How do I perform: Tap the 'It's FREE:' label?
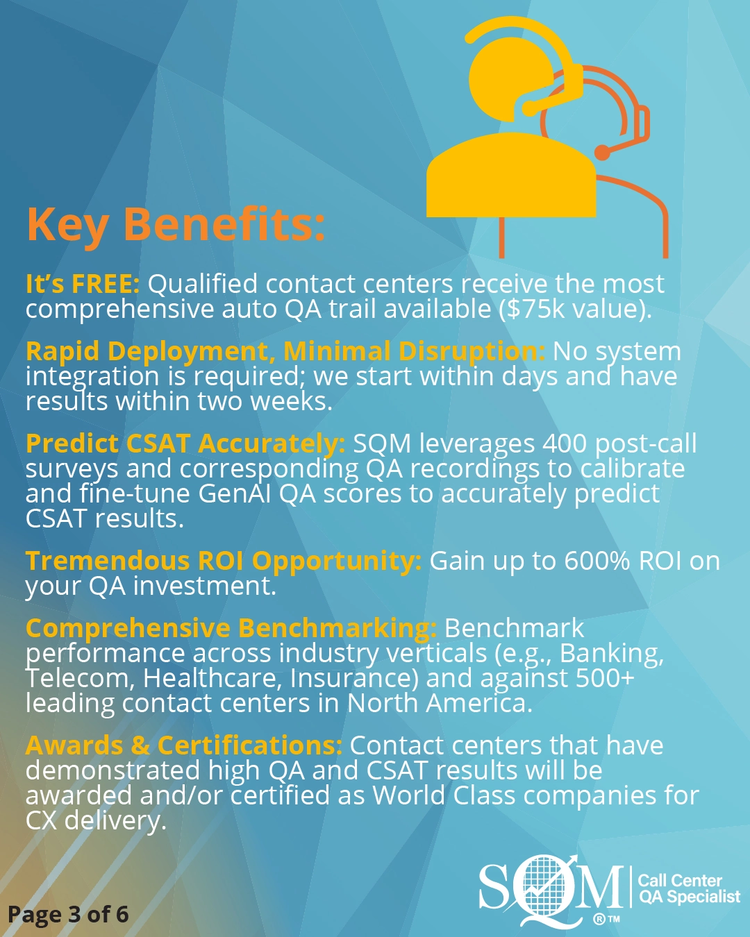click(x=83, y=283)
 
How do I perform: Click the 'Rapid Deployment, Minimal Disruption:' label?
click(x=285, y=352)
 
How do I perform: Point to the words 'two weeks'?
click(x=265, y=401)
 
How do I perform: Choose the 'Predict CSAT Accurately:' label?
click(x=185, y=444)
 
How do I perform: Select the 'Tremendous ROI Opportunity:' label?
click(x=224, y=562)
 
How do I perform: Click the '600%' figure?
click(x=597, y=562)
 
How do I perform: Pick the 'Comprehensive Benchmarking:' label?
click(x=231, y=629)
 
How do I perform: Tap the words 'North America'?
click(x=440, y=704)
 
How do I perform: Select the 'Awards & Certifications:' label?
click(x=184, y=745)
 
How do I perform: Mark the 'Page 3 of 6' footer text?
click(x=69, y=915)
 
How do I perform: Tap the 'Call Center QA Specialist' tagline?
click(x=689, y=888)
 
